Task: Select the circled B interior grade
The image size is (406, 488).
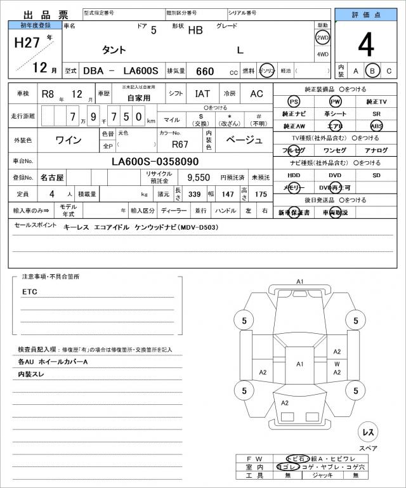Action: point(373,70)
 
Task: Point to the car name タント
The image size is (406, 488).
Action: point(114,49)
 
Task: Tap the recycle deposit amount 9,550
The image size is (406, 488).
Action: point(199,178)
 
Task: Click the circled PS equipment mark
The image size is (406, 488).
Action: point(293,102)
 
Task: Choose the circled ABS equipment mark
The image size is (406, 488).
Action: point(376,126)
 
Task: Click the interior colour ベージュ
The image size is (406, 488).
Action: point(244,139)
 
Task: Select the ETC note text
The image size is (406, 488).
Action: point(30,291)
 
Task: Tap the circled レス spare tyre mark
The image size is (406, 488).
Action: point(367,433)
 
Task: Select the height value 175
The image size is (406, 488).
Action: point(261,194)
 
